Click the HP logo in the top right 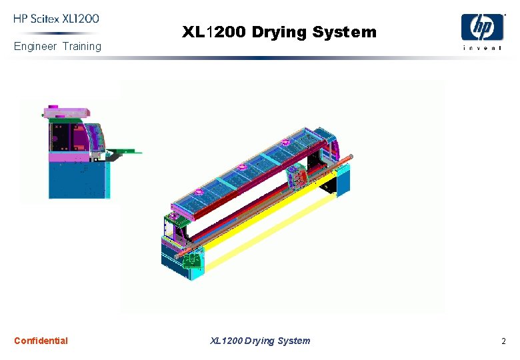click(x=483, y=27)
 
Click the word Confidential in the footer click(x=41, y=341)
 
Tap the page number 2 click(x=503, y=341)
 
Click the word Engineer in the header click(x=35, y=47)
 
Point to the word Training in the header click(x=82, y=47)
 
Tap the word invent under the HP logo click(x=483, y=48)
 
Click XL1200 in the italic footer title click(x=226, y=341)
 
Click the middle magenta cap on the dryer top click(x=243, y=167)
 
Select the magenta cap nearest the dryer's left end click(x=199, y=191)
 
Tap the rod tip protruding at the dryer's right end click(x=351, y=158)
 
